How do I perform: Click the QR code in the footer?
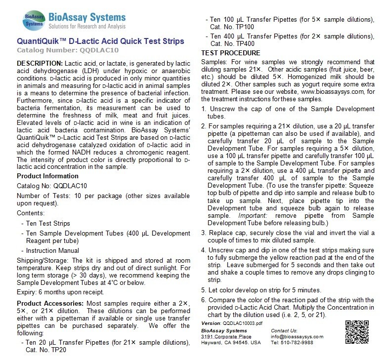361,332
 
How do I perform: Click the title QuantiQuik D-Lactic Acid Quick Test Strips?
100,40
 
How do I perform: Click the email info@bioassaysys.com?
297,337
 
